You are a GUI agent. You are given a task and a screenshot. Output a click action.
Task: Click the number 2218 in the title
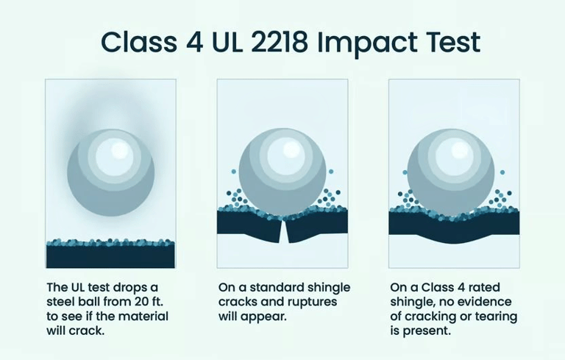click(x=279, y=41)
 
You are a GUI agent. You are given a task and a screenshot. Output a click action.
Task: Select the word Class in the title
click(x=139, y=41)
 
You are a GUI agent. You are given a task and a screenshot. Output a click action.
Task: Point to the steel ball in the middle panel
click(x=282, y=172)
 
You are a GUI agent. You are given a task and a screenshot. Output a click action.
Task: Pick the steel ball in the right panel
click(x=451, y=172)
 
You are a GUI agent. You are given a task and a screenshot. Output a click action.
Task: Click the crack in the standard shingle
click(x=283, y=231)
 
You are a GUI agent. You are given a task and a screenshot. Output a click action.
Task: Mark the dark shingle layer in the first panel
click(x=110, y=256)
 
